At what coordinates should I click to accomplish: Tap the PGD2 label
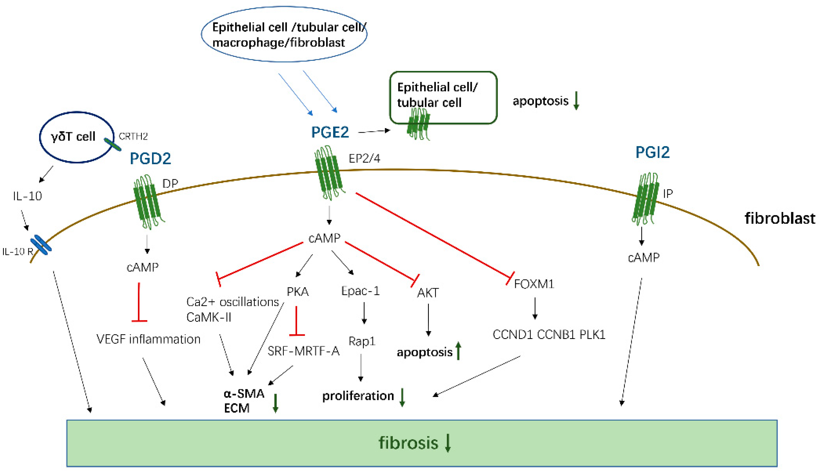150,159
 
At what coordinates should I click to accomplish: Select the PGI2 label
652,152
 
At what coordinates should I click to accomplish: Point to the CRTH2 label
133,136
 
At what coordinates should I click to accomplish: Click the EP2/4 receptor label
364,158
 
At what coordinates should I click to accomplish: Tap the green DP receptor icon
147,202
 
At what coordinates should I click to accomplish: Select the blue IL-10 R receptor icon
41,245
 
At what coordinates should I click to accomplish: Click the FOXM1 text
534,284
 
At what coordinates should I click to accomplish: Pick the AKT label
428,293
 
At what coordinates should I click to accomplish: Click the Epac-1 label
360,291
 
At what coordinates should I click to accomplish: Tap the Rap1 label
362,341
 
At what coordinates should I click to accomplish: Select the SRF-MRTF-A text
303,351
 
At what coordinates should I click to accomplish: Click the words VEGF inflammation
148,339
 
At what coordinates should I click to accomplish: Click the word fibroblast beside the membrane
780,218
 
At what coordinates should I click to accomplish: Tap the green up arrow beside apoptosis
458,351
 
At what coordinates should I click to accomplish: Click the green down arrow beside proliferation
402,397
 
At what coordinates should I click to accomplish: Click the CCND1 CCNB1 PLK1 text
549,334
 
